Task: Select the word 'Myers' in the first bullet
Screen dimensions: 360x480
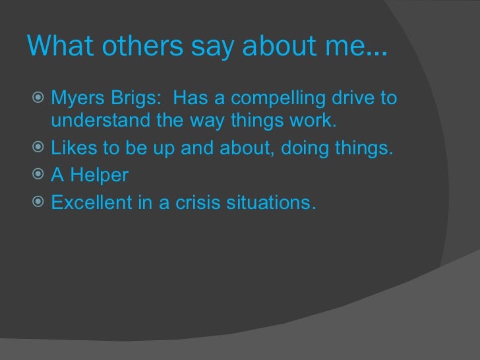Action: tap(75, 100)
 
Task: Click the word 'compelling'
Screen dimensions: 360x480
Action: tap(271, 99)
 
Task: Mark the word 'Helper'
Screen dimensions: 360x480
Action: tap(100, 176)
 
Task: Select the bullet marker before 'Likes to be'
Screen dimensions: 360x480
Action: tap(38, 148)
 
